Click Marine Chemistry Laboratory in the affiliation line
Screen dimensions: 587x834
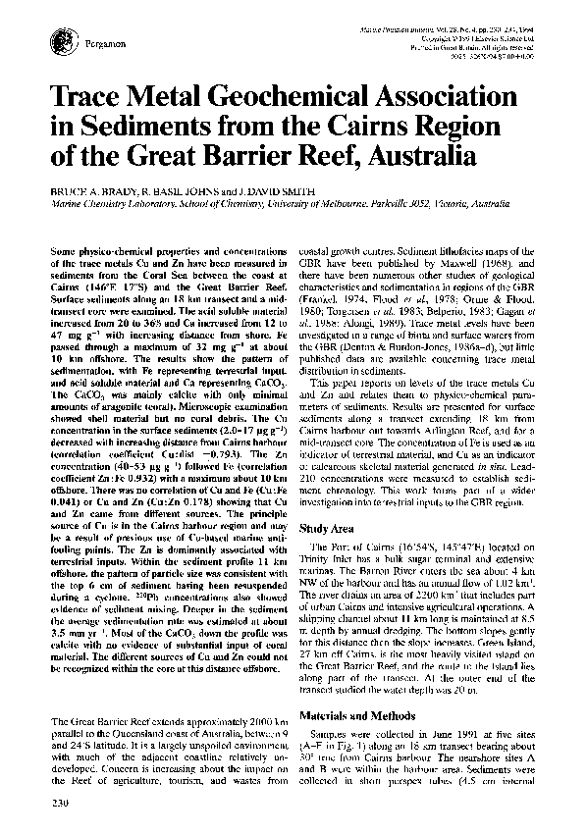pos(104,197)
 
